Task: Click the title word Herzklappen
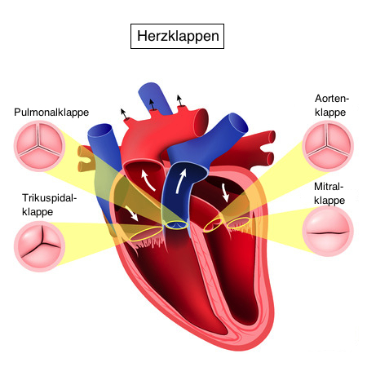(x=178, y=37)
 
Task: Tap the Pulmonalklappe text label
(x=51, y=113)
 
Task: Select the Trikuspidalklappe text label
(x=49, y=205)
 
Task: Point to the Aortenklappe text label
(x=332, y=105)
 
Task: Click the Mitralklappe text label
(x=329, y=193)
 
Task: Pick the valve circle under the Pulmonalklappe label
(x=40, y=146)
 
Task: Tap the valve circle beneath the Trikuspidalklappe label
(x=40, y=246)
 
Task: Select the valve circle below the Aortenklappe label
(x=328, y=146)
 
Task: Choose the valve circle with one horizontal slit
(x=328, y=232)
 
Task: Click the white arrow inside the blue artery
(x=180, y=180)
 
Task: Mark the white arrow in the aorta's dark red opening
(x=148, y=179)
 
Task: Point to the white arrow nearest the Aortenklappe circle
(x=225, y=192)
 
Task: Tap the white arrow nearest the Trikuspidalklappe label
(x=132, y=213)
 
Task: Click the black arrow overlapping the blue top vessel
(x=152, y=104)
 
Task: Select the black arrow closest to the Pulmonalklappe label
(x=124, y=113)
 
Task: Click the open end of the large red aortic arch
(x=203, y=122)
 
